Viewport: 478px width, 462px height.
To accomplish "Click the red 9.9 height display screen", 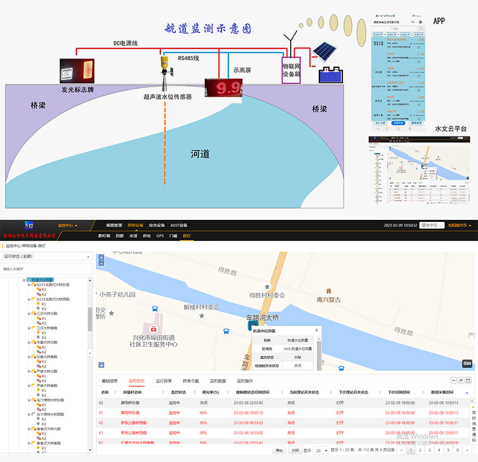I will [x=222, y=89].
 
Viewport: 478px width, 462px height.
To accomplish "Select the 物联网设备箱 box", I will [x=292, y=70].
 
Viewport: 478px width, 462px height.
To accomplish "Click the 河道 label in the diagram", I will [x=200, y=153].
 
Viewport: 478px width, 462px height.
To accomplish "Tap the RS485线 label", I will [x=188, y=58].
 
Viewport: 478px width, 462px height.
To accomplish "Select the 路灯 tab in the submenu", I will [x=187, y=236].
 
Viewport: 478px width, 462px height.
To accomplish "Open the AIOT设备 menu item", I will [x=179, y=225].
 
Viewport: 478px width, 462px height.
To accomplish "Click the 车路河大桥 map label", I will [x=263, y=318].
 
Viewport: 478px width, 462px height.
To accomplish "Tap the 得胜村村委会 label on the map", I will [x=267, y=295].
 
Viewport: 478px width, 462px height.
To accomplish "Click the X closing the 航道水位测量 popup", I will [x=317, y=330].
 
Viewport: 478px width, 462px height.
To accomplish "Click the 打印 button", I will [x=295, y=450].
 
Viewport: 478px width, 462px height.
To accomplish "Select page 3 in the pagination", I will [x=430, y=450].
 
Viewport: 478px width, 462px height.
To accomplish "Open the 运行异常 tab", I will [x=164, y=381].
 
